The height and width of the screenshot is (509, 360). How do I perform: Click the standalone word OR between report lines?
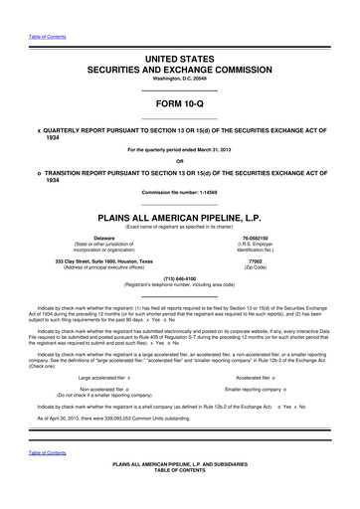[179, 161]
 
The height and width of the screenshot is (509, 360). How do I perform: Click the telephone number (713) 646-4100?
[179, 279]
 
